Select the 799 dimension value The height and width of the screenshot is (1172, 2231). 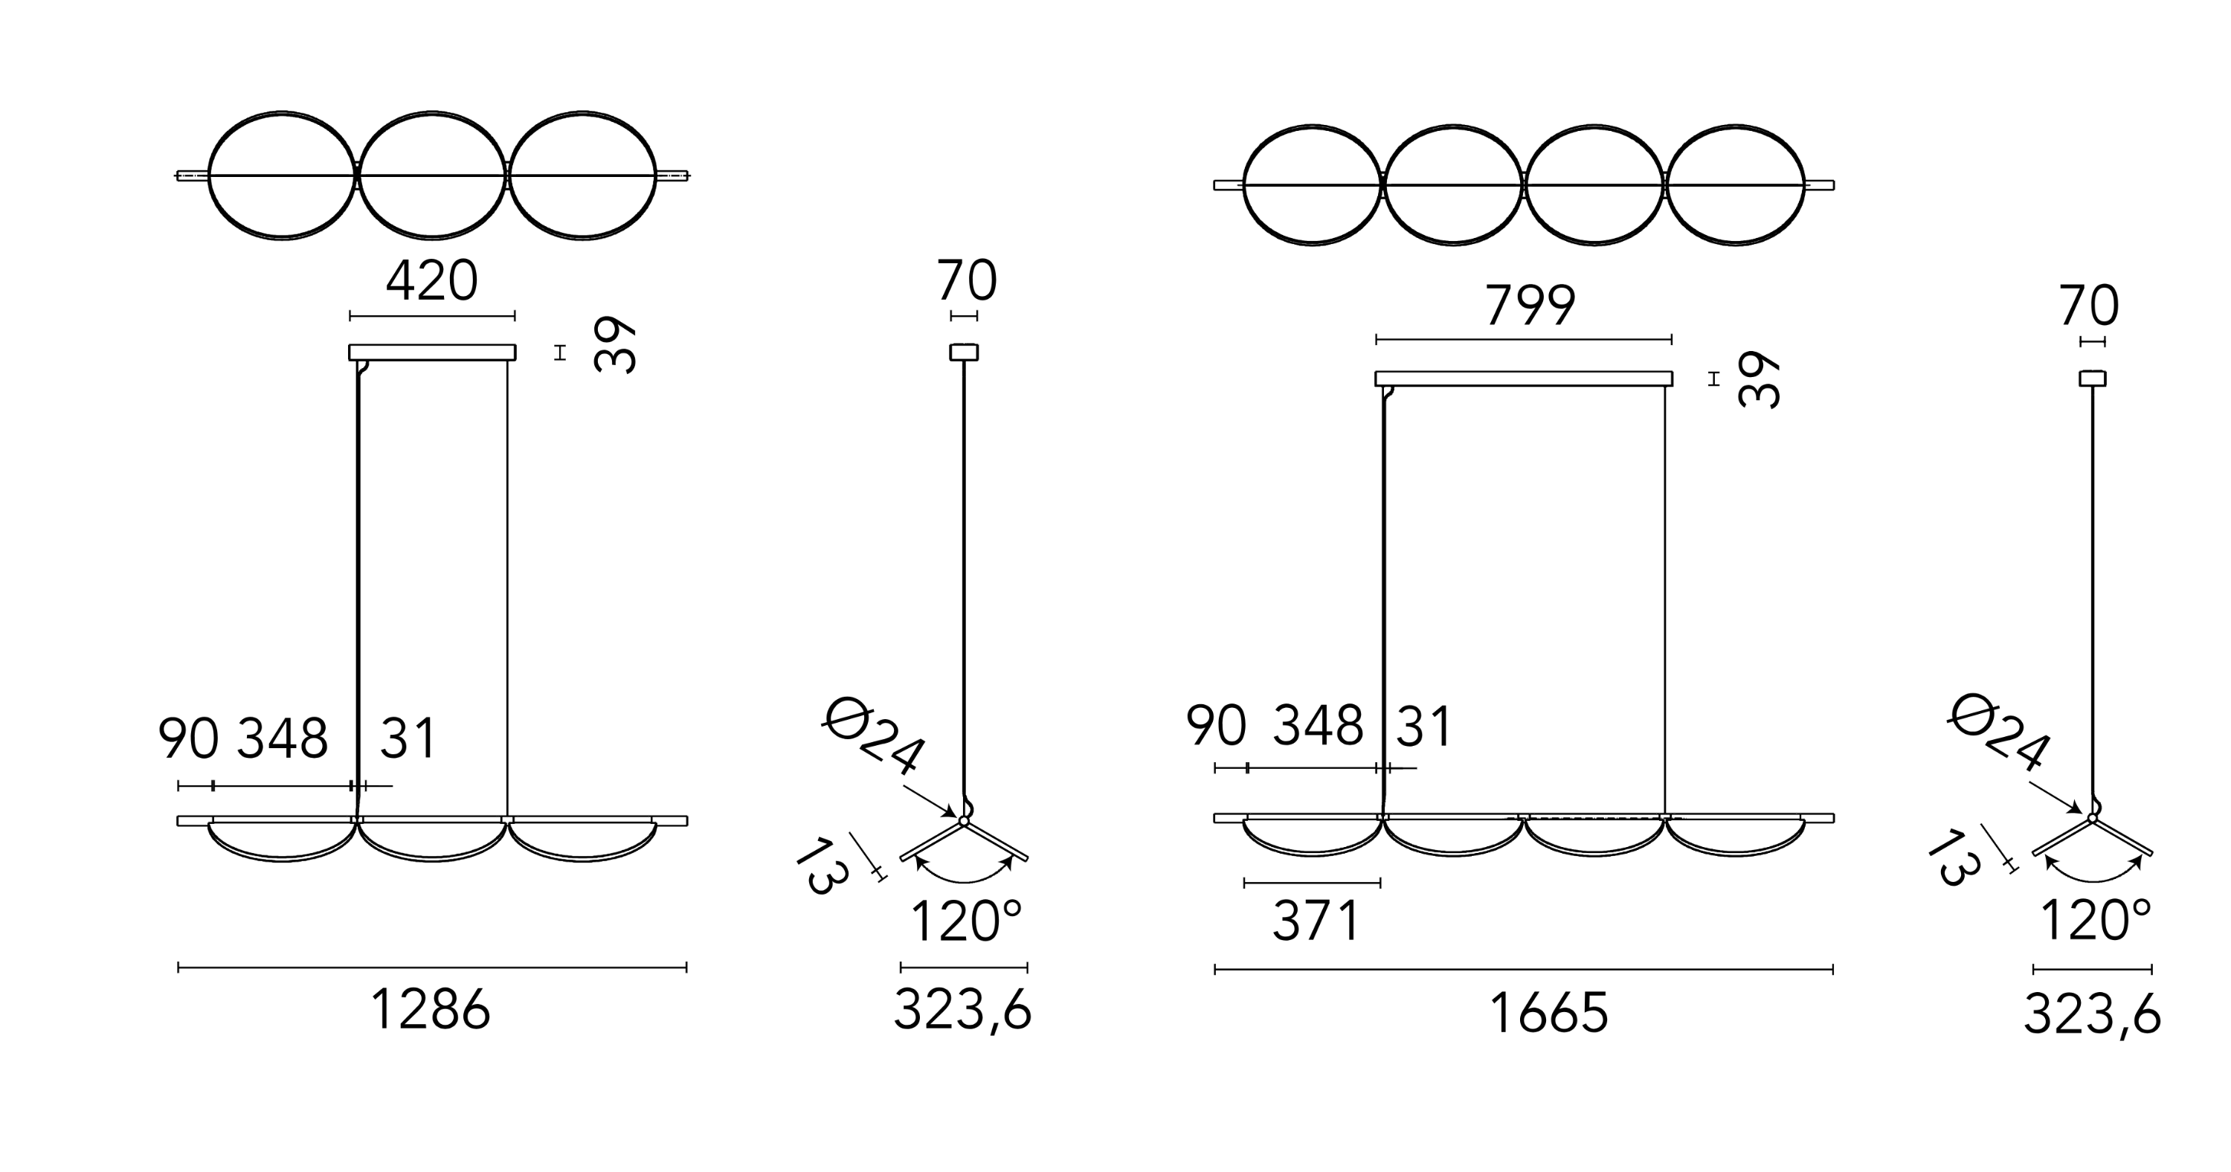coord(1530,305)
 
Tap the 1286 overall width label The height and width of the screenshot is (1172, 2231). coord(431,1009)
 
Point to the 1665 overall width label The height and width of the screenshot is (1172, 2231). coord(1548,1013)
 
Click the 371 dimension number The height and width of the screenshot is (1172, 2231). coord(1316,921)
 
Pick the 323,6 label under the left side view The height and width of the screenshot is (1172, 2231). coord(963,1010)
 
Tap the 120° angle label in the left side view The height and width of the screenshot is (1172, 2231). coord(967,921)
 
